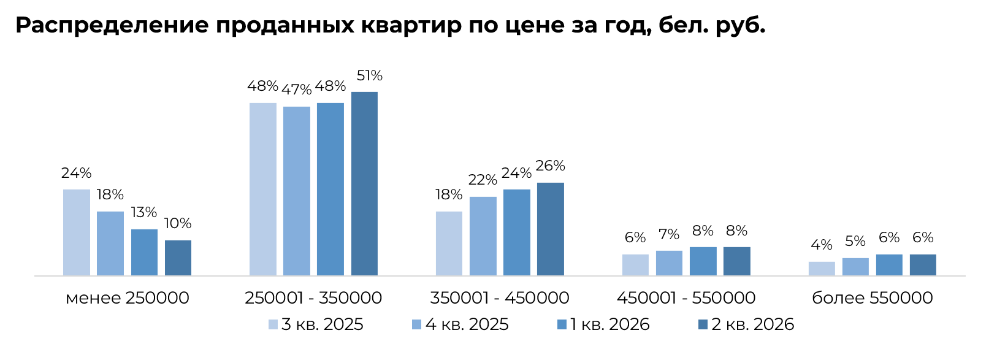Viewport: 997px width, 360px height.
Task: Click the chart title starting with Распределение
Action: click(391, 26)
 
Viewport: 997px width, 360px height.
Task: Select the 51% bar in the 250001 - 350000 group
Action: click(365, 184)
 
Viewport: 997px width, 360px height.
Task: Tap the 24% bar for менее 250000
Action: click(77, 232)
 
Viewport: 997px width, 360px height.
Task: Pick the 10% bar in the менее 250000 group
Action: click(178, 258)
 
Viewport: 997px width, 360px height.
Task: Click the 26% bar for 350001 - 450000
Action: click(551, 229)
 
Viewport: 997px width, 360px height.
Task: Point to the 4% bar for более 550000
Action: click(822, 269)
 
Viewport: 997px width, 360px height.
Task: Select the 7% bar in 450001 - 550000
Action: click(669, 264)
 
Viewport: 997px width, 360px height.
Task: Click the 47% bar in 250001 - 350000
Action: click(296, 191)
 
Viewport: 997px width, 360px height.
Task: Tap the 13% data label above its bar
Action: click(143, 213)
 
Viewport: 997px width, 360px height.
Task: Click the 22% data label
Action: click(483, 180)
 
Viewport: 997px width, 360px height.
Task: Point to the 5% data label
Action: click(855, 242)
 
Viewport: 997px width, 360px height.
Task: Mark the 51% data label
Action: click(369, 76)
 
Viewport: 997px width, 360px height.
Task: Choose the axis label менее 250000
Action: click(128, 298)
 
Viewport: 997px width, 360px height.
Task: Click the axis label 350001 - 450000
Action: click(499, 298)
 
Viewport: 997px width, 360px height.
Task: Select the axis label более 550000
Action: click(873, 298)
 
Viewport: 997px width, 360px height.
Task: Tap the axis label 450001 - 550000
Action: click(686, 298)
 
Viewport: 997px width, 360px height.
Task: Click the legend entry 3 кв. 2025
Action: click(316, 324)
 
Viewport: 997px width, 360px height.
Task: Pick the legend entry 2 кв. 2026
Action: click(746, 324)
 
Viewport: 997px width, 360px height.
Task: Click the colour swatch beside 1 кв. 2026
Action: click(562, 324)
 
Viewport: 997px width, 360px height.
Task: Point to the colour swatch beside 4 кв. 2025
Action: click(416, 324)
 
